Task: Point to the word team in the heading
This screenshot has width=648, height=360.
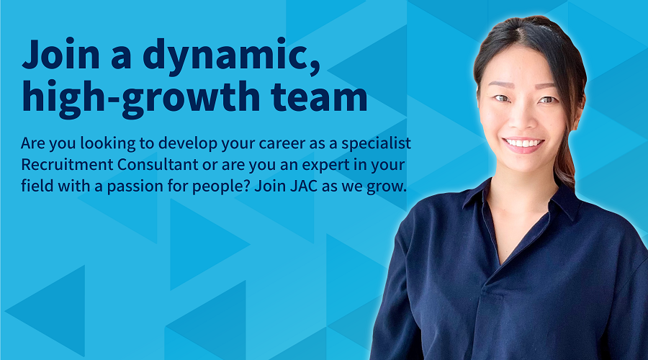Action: (319, 96)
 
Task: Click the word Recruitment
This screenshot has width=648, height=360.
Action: (67, 164)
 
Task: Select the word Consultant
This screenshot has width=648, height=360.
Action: (158, 164)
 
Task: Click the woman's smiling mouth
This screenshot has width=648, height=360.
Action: (523, 144)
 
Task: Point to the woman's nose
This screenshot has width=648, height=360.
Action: (523, 117)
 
